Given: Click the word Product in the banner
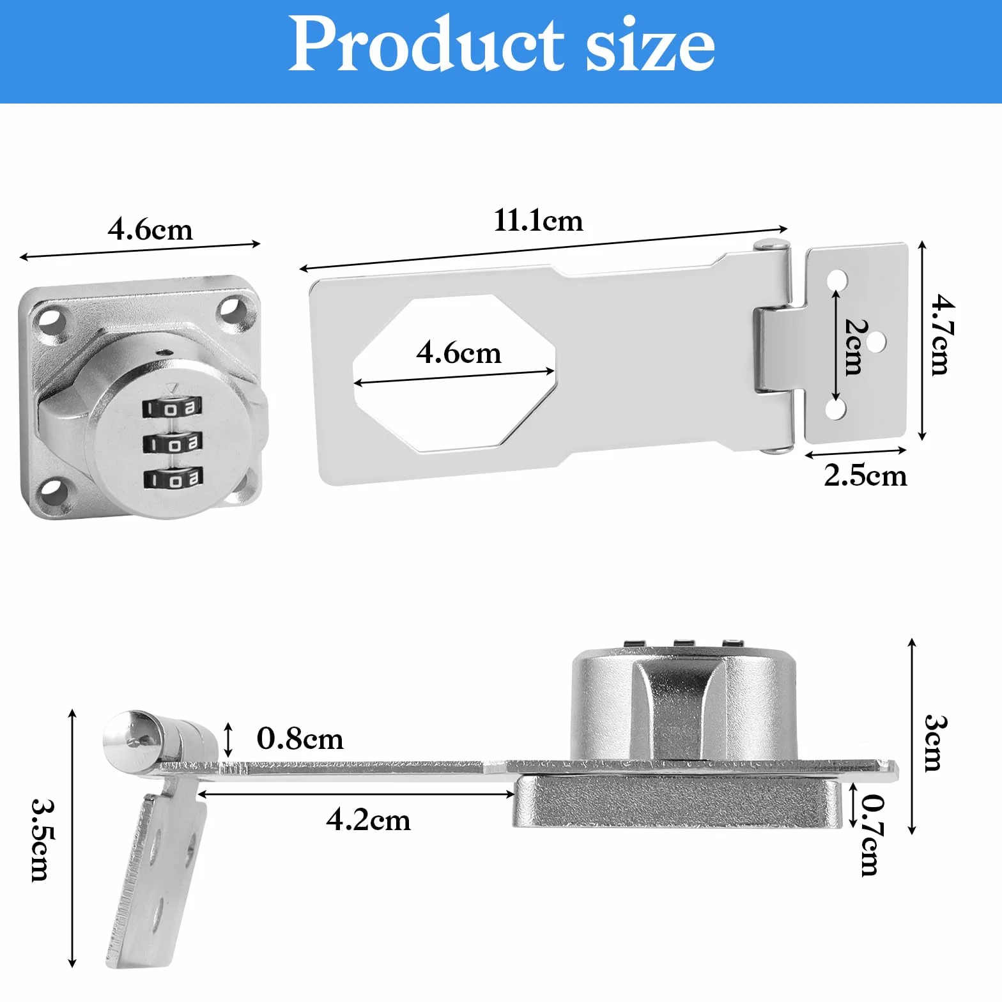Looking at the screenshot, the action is (427, 43).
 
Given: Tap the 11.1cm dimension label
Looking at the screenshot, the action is (538, 221).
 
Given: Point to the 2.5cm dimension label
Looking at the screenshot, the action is (865, 475).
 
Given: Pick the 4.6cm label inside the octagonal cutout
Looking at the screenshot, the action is (459, 353).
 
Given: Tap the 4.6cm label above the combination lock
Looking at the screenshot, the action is (150, 229).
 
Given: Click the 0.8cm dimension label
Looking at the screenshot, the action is (300, 739).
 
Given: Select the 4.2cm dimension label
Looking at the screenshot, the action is (368, 820).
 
